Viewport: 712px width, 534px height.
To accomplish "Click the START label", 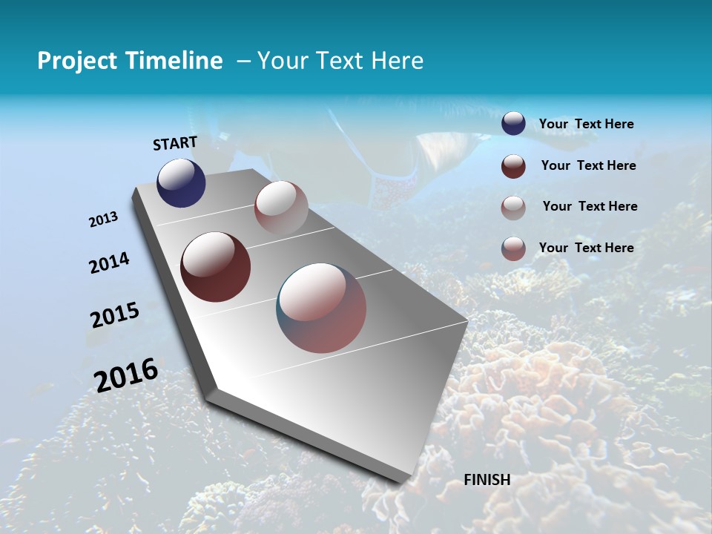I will pyautogui.click(x=175, y=143).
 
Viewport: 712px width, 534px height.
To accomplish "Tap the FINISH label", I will pyautogui.click(x=487, y=480).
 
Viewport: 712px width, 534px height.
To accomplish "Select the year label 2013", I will pyautogui.click(x=103, y=220).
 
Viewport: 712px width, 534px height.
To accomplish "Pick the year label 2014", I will pyautogui.click(x=109, y=263).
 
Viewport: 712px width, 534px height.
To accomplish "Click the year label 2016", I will pyautogui.click(x=126, y=375).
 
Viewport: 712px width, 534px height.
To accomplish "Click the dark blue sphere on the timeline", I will pyautogui.click(x=181, y=183).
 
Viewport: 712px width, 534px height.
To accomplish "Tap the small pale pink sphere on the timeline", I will pyautogui.click(x=281, y=208).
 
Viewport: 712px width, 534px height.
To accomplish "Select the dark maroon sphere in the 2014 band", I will pyautogui.click(x=215, y=267).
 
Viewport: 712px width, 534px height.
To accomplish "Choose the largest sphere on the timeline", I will pyautogui.click(x=321, y=308).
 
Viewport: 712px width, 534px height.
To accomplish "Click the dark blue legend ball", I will pyautogui.click(x=513, y=124).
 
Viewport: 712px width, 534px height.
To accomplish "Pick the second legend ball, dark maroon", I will pyautogui.click(x=513, y=166).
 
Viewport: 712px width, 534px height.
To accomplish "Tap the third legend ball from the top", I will pyautogui.click(x=513, y=208).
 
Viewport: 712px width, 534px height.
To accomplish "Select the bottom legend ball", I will pyautogui.click(x=513, y=248).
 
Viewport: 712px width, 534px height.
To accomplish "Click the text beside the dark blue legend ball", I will pyautogui.click(x=586, y=125).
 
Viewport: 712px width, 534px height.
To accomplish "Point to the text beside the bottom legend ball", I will pyautogui.click(x=586, y=248).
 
